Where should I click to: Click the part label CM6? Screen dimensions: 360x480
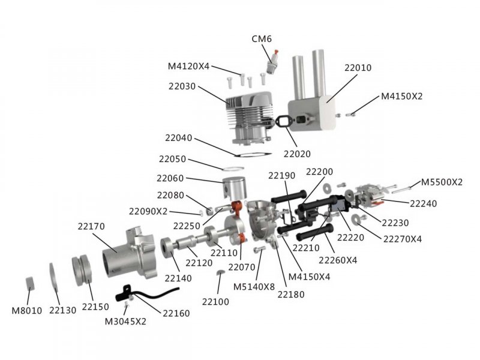[x=262, y=40]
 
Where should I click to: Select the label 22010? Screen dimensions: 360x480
[x=358, y=68]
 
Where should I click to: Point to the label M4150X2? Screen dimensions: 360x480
[x=401, y=96]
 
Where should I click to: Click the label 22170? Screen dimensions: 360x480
[x=91, y=227]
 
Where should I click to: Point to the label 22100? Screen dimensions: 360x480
[x=215, y=302]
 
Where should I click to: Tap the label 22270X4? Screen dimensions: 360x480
[x=402, y=238]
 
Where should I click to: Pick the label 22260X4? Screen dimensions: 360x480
[x=338, y=260]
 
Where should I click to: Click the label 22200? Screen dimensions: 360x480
[x=319, y=172]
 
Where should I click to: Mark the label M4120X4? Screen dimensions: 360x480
[x=188, y=66]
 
